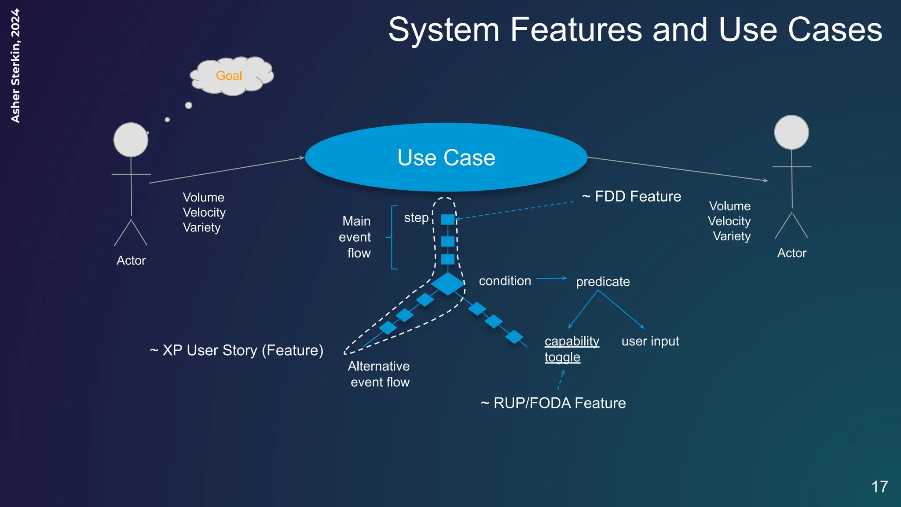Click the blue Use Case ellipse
pyautogui.click(x=446, y=157)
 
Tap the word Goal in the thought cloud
pyautogui.click(x=229, y=76)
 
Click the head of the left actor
pyautogui.click(x=131, y=140)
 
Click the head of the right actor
pyautogui.click(x=791, y=132)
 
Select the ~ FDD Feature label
pyautogui.click(x=632, y=196)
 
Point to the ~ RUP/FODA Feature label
pyautogui.click(x=553, y=403)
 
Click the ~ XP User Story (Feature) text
pyautogui.click(x=237, y=350)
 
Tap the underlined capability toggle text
pyautogui.click(x=571, y=349)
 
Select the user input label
pyautogui.click(x=650, y=341)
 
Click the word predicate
pyautogui.click(x=603, y=282)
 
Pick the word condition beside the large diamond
pyautogui.click(x=505, y=281)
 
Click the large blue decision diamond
pyautogui.click(x=447, y=284)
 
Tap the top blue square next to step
pyautogui.click(x=448, y=219)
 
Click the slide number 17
pyautogui.click(x=879, y=487)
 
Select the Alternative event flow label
pyautogui.click(x=379, y=374)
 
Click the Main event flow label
pyautogui.click(x=355, y=237)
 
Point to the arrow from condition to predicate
pyautogui.click(x=551, y=278)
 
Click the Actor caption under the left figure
pyautogui.click(x=131, y=261)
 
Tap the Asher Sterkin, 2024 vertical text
pyautogui.click(x=15, y=66)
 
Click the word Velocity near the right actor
pyautogui.click(x=729, y=221)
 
